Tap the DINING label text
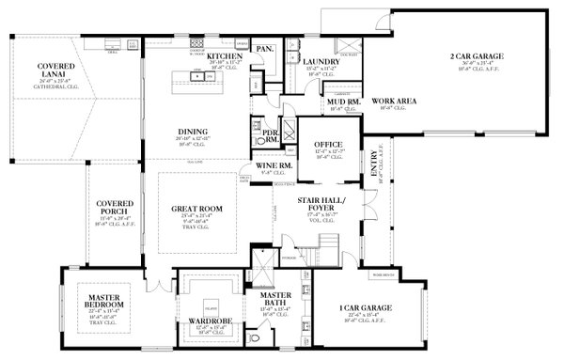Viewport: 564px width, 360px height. [193, 132]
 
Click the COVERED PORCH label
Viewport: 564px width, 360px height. [114, 209]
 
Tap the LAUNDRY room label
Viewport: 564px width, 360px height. [321, 62]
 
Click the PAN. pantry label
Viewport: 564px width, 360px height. [265, 48]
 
